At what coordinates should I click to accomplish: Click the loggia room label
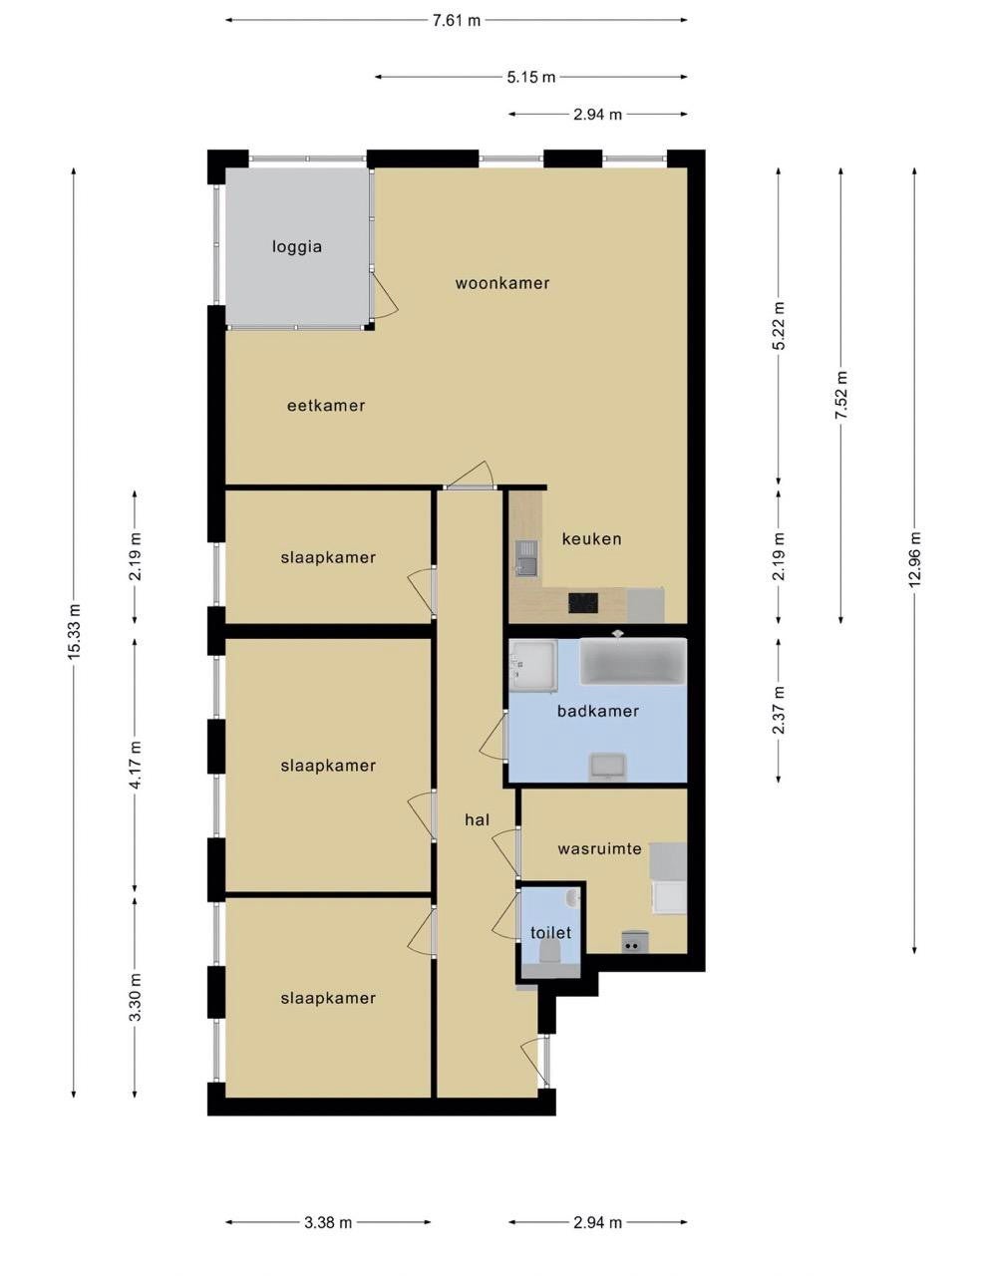[x=296, y=246]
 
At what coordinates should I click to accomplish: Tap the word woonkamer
[x=502, y=283]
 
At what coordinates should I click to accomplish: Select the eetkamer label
[x=326, y=405]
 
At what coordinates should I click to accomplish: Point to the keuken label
[x=591, y=538]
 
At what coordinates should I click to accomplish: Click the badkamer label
[x=598, y=711]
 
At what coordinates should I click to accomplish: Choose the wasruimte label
[x=599, y=849]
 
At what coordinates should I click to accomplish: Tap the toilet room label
[x=551, y=932]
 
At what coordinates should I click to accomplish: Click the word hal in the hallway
[x=477, y=819]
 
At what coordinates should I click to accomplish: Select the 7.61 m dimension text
[x=457, y=21]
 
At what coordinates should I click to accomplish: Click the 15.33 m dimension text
[x=74, y=632]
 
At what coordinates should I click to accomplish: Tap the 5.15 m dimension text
[x=530, y=77]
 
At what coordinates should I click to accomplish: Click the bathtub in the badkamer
[x=633, y=661]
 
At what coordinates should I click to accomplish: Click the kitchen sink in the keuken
[x=526, y=557]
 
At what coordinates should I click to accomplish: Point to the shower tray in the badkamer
[x=532, y=666]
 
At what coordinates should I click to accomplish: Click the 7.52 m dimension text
[x=841, y=395]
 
